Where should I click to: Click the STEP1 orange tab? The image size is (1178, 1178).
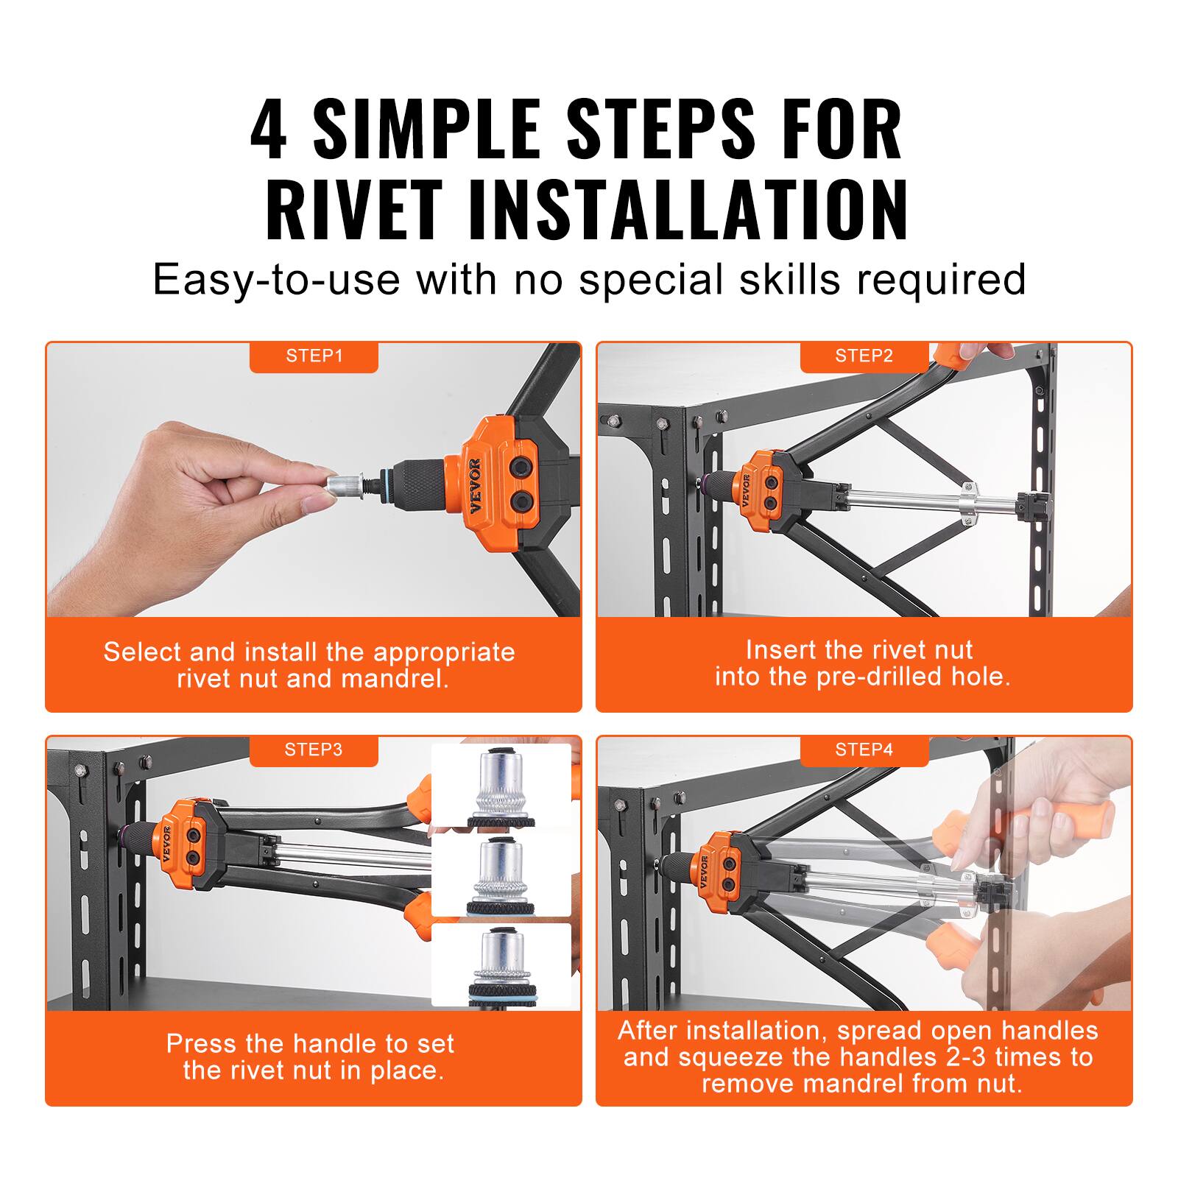click(x=314, y=356)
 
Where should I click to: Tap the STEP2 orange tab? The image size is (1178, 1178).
click(x=864, y=356)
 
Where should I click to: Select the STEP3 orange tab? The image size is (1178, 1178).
click(x=314, y=750)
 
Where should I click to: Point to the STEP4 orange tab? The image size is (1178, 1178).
click(x=864, y=750)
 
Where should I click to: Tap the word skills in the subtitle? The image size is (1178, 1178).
click(x=789, y=280)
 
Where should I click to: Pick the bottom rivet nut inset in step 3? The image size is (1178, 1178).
click(x=501, y=964)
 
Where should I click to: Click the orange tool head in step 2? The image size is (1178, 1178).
click(x=766, y=492)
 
